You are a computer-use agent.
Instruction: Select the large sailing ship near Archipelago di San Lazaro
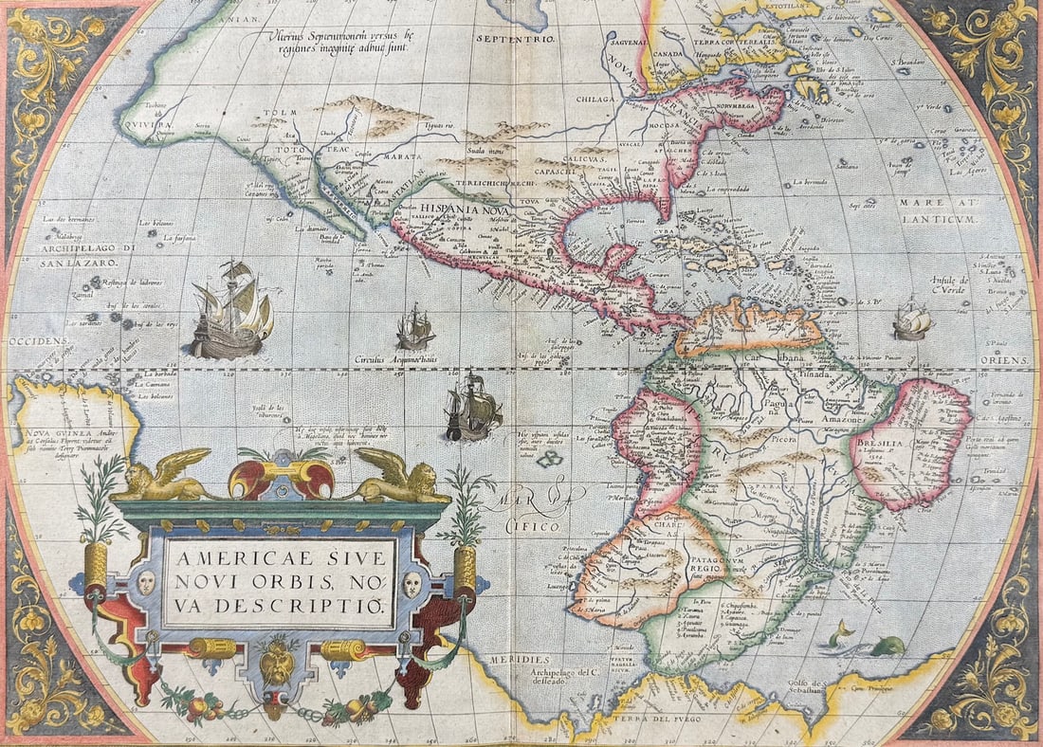pos(230,312)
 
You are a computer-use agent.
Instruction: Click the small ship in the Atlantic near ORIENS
pos(913,319)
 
